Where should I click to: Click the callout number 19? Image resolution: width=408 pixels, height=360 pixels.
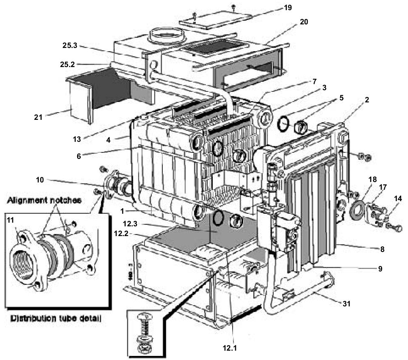288,8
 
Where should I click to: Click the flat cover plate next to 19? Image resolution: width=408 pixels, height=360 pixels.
214,19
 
